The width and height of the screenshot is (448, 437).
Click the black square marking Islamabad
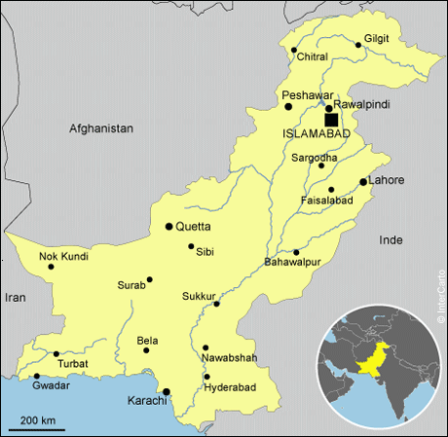(x=331, y=120)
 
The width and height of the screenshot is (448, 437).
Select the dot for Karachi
(x=167, y=391)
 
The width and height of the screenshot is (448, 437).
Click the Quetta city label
(x=193, y=226)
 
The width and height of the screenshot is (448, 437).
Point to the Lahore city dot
(x=363, y=182)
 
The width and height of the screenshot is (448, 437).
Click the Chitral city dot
(x=292, y=49)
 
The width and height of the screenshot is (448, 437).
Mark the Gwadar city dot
(x=37, y=376)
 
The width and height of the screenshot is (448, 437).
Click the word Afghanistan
(x=100, y=127)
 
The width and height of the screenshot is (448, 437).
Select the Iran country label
(x=16, y=298)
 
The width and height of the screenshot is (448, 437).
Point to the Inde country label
(x=391, y=238)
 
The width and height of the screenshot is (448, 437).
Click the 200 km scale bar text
(x=36, y=419)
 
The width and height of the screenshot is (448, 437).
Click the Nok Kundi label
(x=63, y=257)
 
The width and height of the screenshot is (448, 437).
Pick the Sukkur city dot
(x=217, y=304)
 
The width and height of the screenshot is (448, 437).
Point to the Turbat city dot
(x=56, y=353)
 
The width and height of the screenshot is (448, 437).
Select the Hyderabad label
(x=230, y=387)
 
